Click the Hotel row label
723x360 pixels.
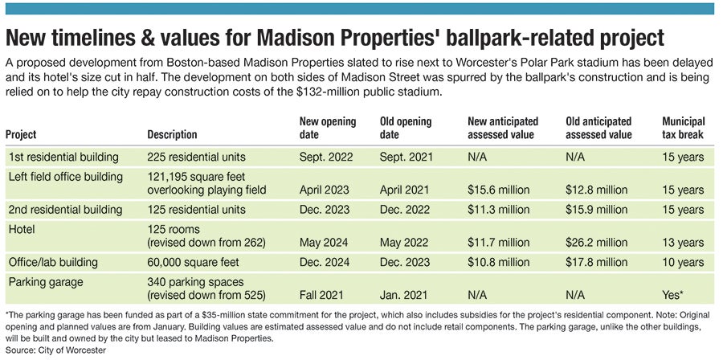coord(22,230)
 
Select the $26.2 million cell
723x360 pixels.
coord(595,242)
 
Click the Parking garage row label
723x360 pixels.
coord(45,282)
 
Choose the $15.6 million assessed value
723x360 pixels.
coord(497,190)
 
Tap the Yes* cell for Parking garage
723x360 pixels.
coord(676,295)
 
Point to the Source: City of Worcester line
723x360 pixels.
coord(55,350)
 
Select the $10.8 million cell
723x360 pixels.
coord(497,262)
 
